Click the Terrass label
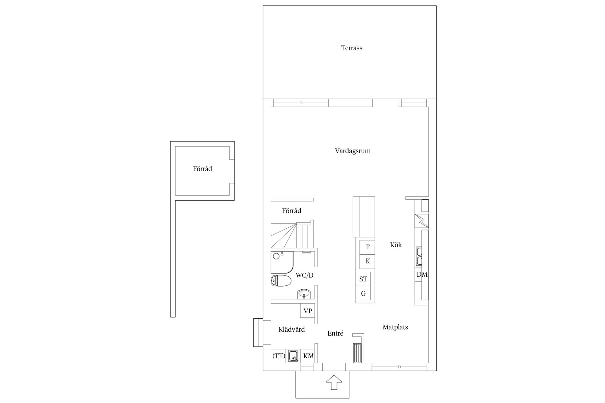(351, 48)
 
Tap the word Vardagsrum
(353, 151)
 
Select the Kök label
(396, 245)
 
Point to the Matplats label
(395, 327)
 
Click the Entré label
(335, 333)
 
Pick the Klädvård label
(291, 329)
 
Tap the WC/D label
(304, 275)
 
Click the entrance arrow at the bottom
(334, 383)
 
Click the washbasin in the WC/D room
(304, 294)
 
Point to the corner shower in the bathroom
(282, 262)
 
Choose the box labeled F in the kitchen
(367, 247)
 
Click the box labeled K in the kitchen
(367, 261)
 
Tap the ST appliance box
(363, 279)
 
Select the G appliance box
(363, 294)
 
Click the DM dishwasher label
(422, 275)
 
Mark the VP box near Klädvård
(308, 311)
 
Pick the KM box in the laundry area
(308, 356)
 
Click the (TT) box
(279, 356)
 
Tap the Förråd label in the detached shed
(202, 169)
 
